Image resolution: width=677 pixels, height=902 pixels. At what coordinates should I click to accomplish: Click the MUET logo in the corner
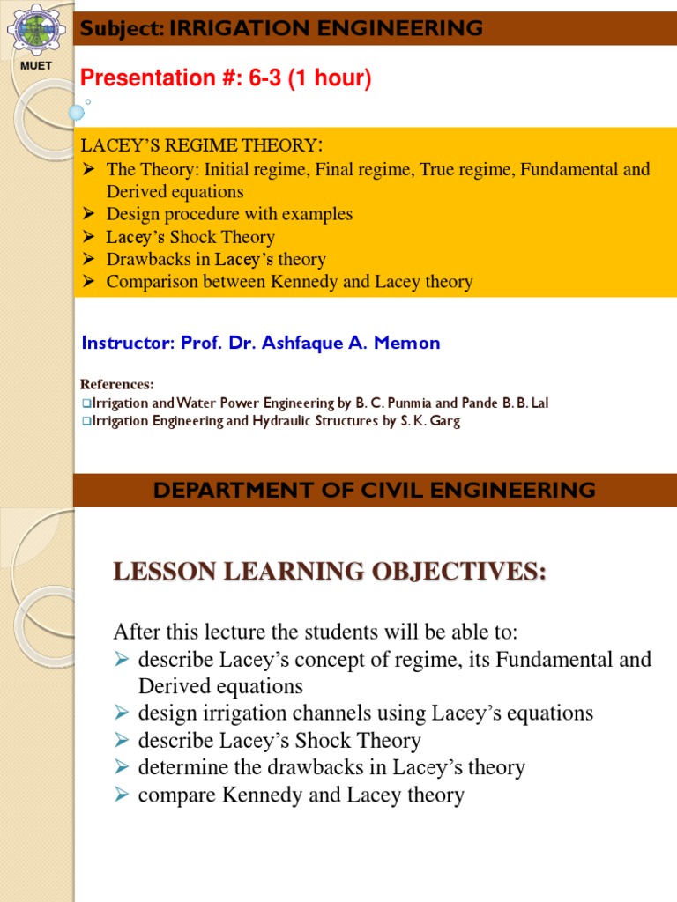pos(34,31)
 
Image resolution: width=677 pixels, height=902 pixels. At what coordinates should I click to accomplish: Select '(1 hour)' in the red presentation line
pos(337,78)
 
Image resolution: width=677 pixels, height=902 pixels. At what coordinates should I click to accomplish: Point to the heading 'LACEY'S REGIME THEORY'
pos(198,145)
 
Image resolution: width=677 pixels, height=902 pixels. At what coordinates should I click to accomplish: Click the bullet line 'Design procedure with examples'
pos(229,214)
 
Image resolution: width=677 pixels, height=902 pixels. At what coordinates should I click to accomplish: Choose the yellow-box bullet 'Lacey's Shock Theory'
pos(190,237)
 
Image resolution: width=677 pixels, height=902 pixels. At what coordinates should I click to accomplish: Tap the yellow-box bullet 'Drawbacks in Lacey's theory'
pos(216,259)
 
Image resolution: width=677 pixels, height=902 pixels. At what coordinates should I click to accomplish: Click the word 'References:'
pos(117,384)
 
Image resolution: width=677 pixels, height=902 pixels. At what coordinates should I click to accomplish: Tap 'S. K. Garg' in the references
pos(425,421)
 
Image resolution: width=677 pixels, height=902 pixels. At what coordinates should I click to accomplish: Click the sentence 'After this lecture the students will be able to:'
pos(316,632)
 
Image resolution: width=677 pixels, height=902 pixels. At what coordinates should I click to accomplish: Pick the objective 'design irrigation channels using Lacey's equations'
pos(365,713)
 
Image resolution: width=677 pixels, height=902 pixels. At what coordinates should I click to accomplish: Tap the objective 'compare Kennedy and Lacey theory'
pos(301,795)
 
